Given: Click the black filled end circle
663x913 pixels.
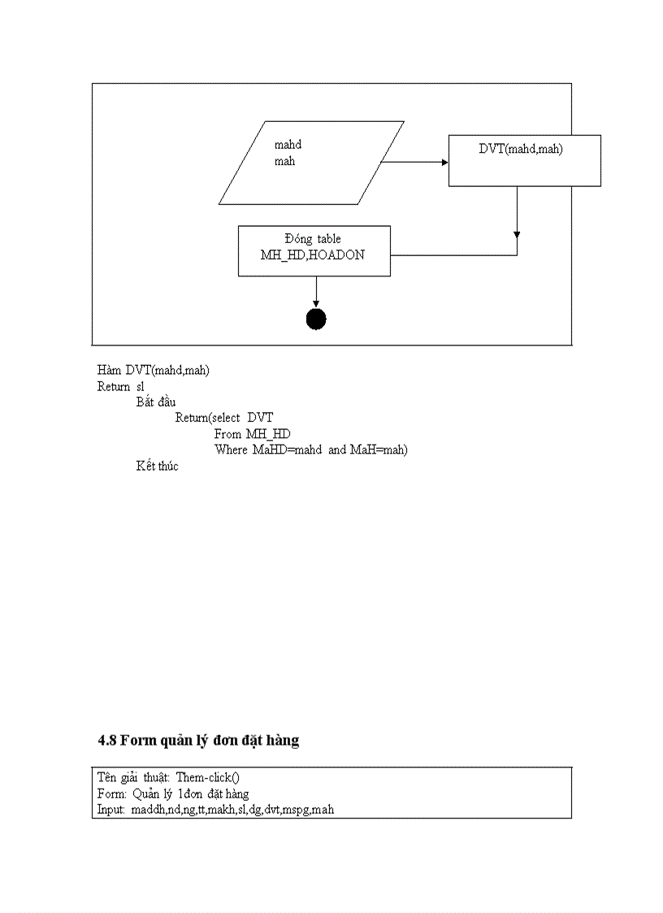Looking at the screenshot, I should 316,320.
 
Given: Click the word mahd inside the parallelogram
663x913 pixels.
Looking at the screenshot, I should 288,145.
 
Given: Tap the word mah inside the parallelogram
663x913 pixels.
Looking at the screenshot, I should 284,161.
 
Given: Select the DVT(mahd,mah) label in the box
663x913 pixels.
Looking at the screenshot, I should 521,150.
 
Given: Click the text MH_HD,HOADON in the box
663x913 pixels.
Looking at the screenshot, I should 313,254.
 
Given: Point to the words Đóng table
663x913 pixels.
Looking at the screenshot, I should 313,239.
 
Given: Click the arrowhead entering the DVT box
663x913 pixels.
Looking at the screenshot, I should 444,162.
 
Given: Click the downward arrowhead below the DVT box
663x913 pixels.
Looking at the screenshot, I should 517,235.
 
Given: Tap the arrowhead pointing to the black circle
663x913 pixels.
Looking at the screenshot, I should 316,304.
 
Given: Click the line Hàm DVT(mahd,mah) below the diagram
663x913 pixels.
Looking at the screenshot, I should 154,371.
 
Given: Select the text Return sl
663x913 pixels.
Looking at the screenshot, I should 120,386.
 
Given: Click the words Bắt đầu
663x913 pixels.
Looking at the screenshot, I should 156,402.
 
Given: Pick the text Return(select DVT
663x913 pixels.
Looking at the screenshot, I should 224,418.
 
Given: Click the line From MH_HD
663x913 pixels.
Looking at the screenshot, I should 252,434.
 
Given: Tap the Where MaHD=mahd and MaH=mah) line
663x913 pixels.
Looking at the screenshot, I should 310,450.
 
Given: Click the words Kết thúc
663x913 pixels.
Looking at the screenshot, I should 157,466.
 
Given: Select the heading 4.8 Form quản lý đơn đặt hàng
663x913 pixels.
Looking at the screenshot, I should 198,741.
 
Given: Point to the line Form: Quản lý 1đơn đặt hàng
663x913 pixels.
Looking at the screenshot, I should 173,793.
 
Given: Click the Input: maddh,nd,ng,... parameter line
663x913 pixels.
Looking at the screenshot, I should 215,810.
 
